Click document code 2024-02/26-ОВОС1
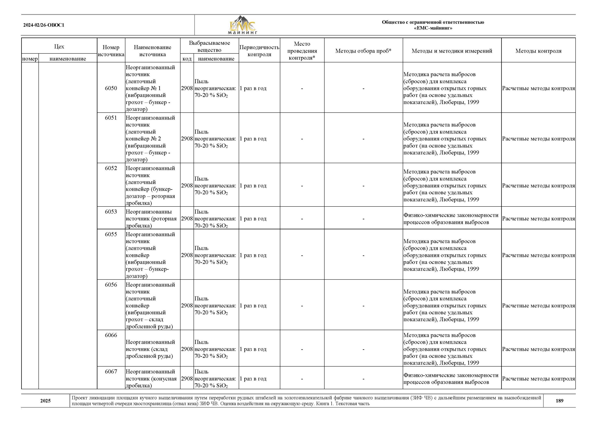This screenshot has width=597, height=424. coord(44,25)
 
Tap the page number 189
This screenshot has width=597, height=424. coord(559,400)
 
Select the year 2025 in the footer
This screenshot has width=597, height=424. coord(45,400)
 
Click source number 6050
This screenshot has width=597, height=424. coord(111,88)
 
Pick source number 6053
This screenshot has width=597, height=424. coord(111,212)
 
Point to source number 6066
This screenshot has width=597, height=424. coord(111,335)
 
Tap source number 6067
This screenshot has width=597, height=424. coord(111,372)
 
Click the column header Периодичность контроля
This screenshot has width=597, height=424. coord(259,51)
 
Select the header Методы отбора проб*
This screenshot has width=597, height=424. coord(363,51)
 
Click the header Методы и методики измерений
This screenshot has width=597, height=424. coord(452,51)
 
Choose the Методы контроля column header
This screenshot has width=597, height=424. coord(538,51)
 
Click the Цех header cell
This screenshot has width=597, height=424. coord(59,46)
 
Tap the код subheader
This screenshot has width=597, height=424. coord(187,59)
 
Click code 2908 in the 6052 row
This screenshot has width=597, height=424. coord(187,186)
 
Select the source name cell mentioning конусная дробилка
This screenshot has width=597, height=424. coord(151,379)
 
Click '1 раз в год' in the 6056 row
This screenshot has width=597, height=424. coord(253,305)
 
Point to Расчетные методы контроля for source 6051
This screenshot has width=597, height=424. coord(538,139)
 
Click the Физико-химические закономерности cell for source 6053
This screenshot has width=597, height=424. coord(451,219)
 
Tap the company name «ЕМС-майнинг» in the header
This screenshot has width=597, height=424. coord(433,28)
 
